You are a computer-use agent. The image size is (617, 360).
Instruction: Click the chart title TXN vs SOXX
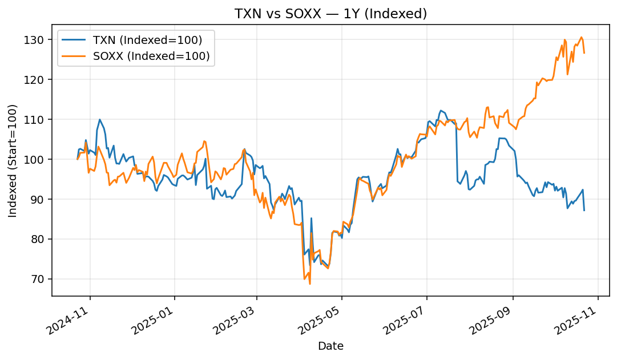330,14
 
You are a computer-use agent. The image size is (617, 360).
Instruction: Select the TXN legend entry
147,40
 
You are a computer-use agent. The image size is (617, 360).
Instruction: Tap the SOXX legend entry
151,56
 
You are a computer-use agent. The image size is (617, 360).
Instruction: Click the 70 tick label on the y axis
40,279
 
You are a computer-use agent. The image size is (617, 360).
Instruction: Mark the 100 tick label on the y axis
38,159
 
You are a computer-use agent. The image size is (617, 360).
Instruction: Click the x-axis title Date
330,346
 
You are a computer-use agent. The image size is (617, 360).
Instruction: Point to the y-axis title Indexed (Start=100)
13,160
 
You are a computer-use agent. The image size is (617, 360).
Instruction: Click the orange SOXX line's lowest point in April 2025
310,284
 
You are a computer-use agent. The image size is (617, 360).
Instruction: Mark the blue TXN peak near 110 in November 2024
99,120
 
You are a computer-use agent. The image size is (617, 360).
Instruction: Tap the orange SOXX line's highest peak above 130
581,38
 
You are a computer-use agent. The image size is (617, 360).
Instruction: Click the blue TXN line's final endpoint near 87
584,211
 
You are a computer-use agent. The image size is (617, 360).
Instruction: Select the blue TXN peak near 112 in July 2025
441,111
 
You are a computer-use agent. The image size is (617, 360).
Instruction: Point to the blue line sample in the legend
75,40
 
